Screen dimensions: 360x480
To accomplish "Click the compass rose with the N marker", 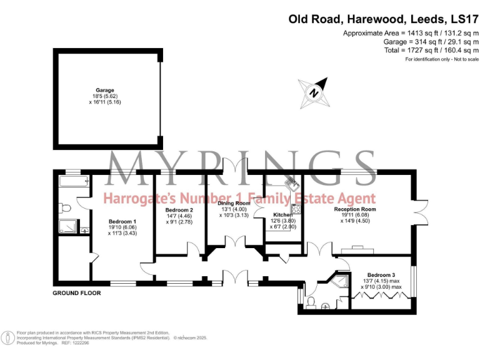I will [314, 91].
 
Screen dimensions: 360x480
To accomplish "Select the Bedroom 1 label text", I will [122, 221].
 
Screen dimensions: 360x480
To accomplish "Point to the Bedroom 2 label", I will [179, 209].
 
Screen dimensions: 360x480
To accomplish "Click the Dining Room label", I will [234, 203].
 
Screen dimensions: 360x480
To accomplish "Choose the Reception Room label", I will [355, 209].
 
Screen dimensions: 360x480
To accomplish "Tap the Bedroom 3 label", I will [381, 275].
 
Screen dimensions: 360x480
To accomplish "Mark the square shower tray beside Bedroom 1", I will [67, 227].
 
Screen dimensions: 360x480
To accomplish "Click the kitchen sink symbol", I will [291, 184].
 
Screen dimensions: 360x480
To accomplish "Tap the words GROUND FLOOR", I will [76, 294].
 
